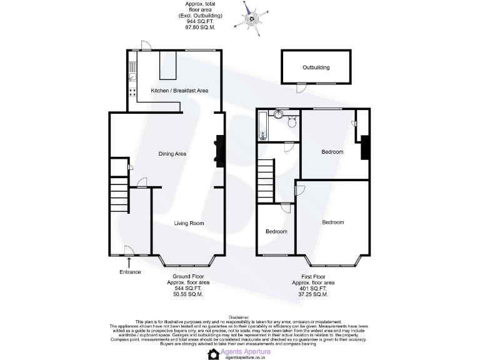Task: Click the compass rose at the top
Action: point(253,17)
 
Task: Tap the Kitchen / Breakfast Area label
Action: point(179,91)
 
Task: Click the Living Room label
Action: point(189,223)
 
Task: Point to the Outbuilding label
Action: point(316,67)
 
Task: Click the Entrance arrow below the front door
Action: point(129,261)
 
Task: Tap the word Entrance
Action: point(130,272)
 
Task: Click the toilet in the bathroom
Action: point(291,121)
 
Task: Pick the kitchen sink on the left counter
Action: point(133,77)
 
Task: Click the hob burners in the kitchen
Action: point(133,93)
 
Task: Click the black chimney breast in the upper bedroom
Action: point(364,147)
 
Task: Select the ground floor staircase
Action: point(118,195)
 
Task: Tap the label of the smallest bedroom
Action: point(276,231)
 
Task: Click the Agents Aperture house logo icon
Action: point(214,354)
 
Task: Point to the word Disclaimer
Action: point(240,317)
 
